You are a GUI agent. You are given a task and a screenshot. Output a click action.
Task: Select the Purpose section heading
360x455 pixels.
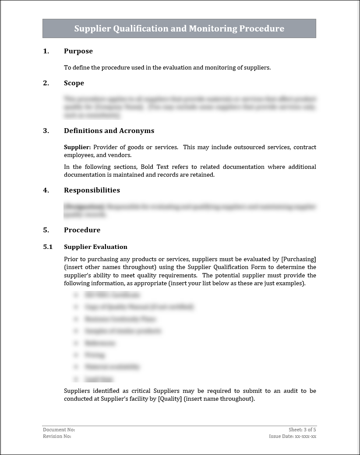coord(78,51)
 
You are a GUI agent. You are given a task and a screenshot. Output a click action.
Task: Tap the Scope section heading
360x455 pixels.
coord(74,83)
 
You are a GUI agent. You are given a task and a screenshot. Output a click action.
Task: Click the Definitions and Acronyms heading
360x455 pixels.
coord(109,131)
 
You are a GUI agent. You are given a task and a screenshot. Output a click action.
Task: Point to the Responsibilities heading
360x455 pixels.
coord(92,190)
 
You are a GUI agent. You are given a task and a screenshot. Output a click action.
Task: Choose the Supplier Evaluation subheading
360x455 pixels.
coord(95,247)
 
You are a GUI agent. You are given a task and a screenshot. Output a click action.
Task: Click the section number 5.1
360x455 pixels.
coord(48,247)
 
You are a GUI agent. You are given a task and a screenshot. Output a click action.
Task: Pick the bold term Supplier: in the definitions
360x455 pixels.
coord(78,147)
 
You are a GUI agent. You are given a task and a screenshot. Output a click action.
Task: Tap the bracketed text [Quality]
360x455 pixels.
coord(169,399)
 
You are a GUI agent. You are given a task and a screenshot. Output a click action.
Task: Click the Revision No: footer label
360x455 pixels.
coord(57,436)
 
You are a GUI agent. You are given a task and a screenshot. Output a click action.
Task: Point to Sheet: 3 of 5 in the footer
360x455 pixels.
coord(302,430)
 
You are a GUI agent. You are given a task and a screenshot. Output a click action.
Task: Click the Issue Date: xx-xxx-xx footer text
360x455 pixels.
coord(293,436)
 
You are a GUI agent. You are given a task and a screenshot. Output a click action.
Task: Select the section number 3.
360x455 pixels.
coord(46,131)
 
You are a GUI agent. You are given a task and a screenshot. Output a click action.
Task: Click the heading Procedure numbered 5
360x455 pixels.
coord(82,230)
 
